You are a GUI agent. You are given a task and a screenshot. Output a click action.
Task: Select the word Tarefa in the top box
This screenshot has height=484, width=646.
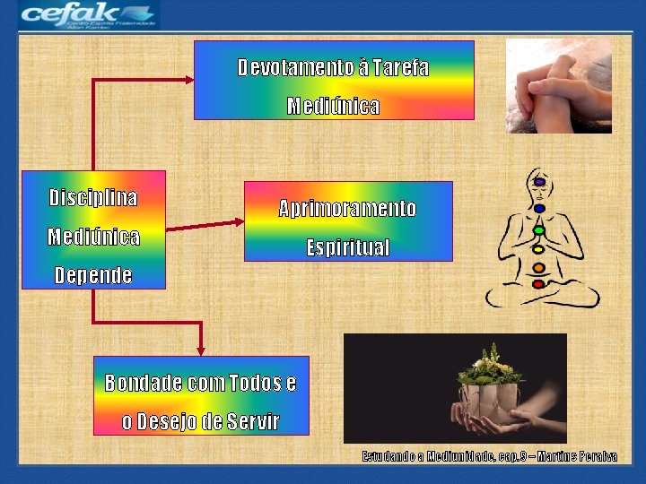click(399, 68)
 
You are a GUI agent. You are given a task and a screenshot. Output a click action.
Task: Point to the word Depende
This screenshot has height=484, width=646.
click(93, 275)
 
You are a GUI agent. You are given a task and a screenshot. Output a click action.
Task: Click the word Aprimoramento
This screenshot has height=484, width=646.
click(347, 209)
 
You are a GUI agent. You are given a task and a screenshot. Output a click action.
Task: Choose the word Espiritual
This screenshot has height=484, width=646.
click(347, 247)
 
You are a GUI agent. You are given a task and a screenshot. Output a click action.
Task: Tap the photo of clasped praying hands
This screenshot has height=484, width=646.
click(558, 86)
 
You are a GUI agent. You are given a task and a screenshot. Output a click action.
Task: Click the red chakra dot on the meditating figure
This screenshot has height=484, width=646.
click(538, 284)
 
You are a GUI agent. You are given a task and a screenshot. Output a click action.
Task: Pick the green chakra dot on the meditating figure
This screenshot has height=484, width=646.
click(539, 229)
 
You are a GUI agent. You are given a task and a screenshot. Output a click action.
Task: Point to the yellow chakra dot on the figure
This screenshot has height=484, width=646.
click(538, 248)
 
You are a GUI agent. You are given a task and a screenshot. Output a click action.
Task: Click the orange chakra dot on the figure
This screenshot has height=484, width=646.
click(538, 267)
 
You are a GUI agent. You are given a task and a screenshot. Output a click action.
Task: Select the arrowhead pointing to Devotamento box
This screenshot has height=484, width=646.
click(189, 80)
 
